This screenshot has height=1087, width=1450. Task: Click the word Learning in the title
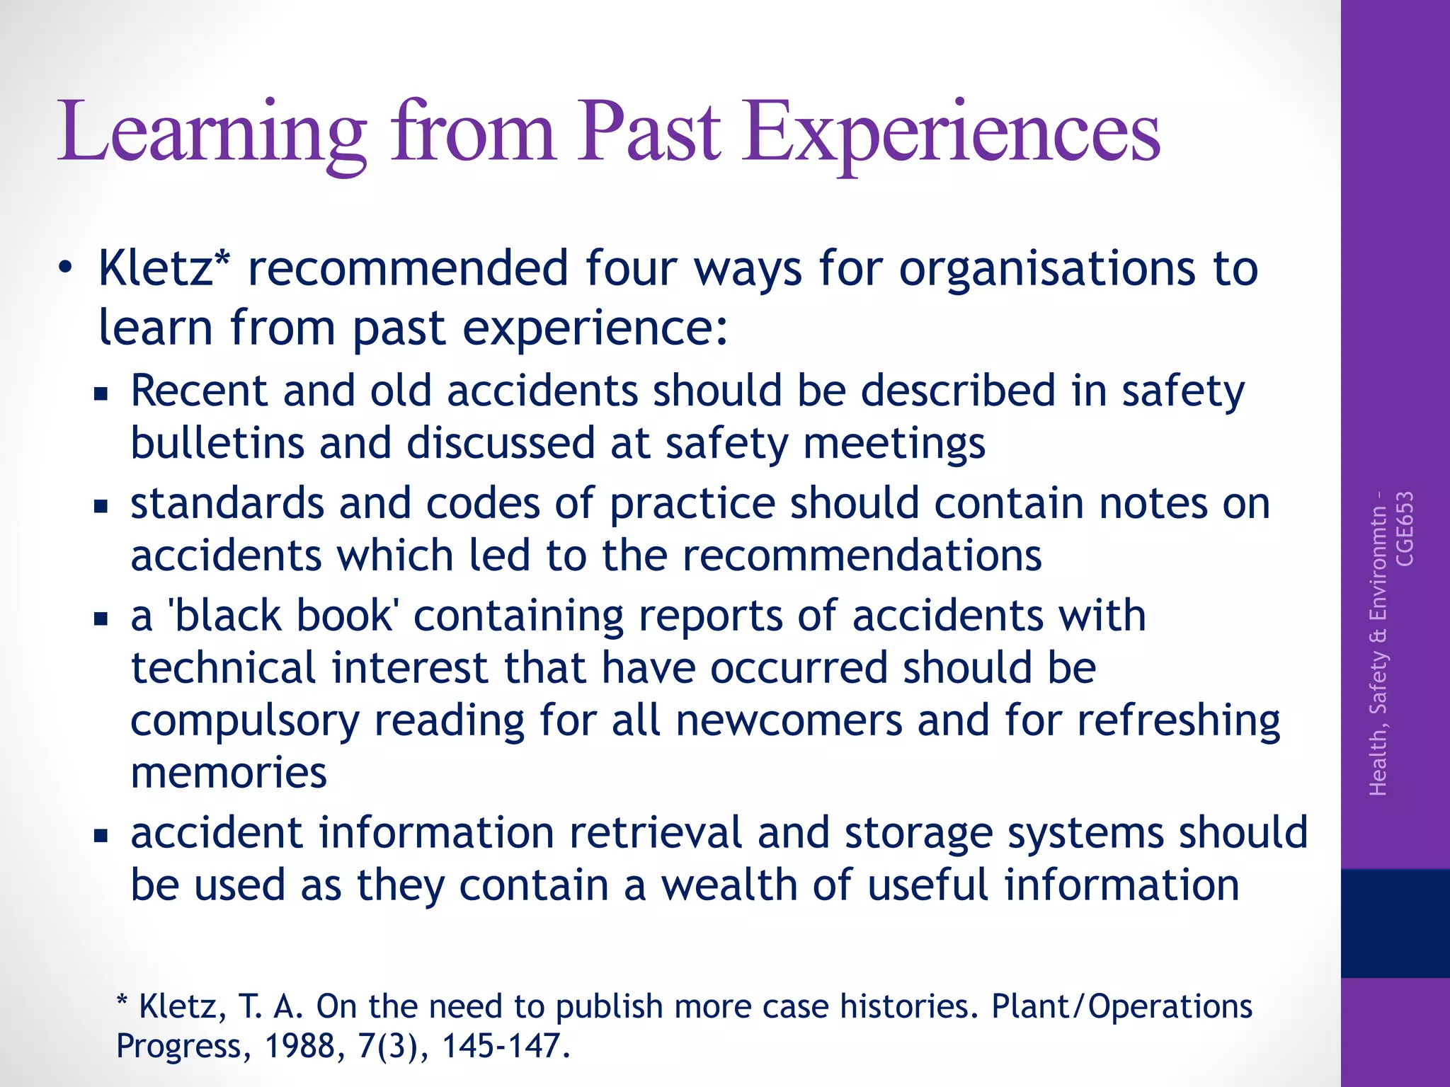212,133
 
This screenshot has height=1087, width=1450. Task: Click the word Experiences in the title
951,133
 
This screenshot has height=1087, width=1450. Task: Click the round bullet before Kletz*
66,269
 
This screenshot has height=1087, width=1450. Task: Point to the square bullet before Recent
101,393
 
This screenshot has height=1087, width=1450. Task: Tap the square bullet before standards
101,506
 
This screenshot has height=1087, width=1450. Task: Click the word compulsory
245,720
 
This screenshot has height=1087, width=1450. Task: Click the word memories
229,772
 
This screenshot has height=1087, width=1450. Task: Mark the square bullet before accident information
101,836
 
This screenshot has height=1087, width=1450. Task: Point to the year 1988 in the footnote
305,1045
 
